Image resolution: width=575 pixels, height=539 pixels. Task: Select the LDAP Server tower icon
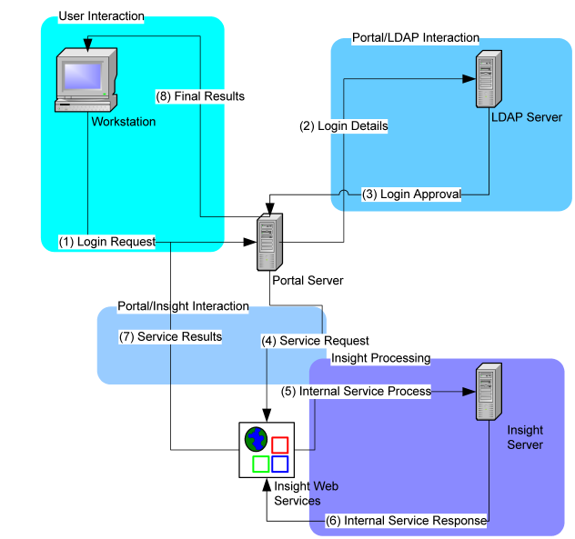(489, 80)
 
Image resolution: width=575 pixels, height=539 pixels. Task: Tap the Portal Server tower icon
(267, 243)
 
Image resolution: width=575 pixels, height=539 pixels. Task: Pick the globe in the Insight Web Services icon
(256, 441)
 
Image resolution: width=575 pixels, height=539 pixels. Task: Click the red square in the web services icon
(280, 444)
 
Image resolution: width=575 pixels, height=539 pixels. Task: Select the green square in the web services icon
(259, 464)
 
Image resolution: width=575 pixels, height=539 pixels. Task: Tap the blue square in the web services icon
(280, 464)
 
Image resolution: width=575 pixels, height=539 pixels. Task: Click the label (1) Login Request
(106, 242)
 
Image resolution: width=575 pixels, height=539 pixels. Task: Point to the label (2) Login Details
(343, 126)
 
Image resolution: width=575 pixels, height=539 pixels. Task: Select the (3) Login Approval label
(411, 194)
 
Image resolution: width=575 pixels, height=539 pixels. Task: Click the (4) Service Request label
(315, 341)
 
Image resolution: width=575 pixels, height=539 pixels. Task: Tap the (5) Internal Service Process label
(356, 391)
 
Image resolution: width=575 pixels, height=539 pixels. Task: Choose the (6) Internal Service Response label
(406, 521)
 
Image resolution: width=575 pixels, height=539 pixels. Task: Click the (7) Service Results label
(171, 336)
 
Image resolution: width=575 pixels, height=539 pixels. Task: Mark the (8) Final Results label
(200, 95)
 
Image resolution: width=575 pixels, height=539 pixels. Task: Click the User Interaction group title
(101, 16)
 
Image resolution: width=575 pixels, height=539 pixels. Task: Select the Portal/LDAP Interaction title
(415, 37)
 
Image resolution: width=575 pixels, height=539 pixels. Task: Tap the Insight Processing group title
(380, 358)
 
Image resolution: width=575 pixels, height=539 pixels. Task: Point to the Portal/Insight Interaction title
(183, 306)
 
